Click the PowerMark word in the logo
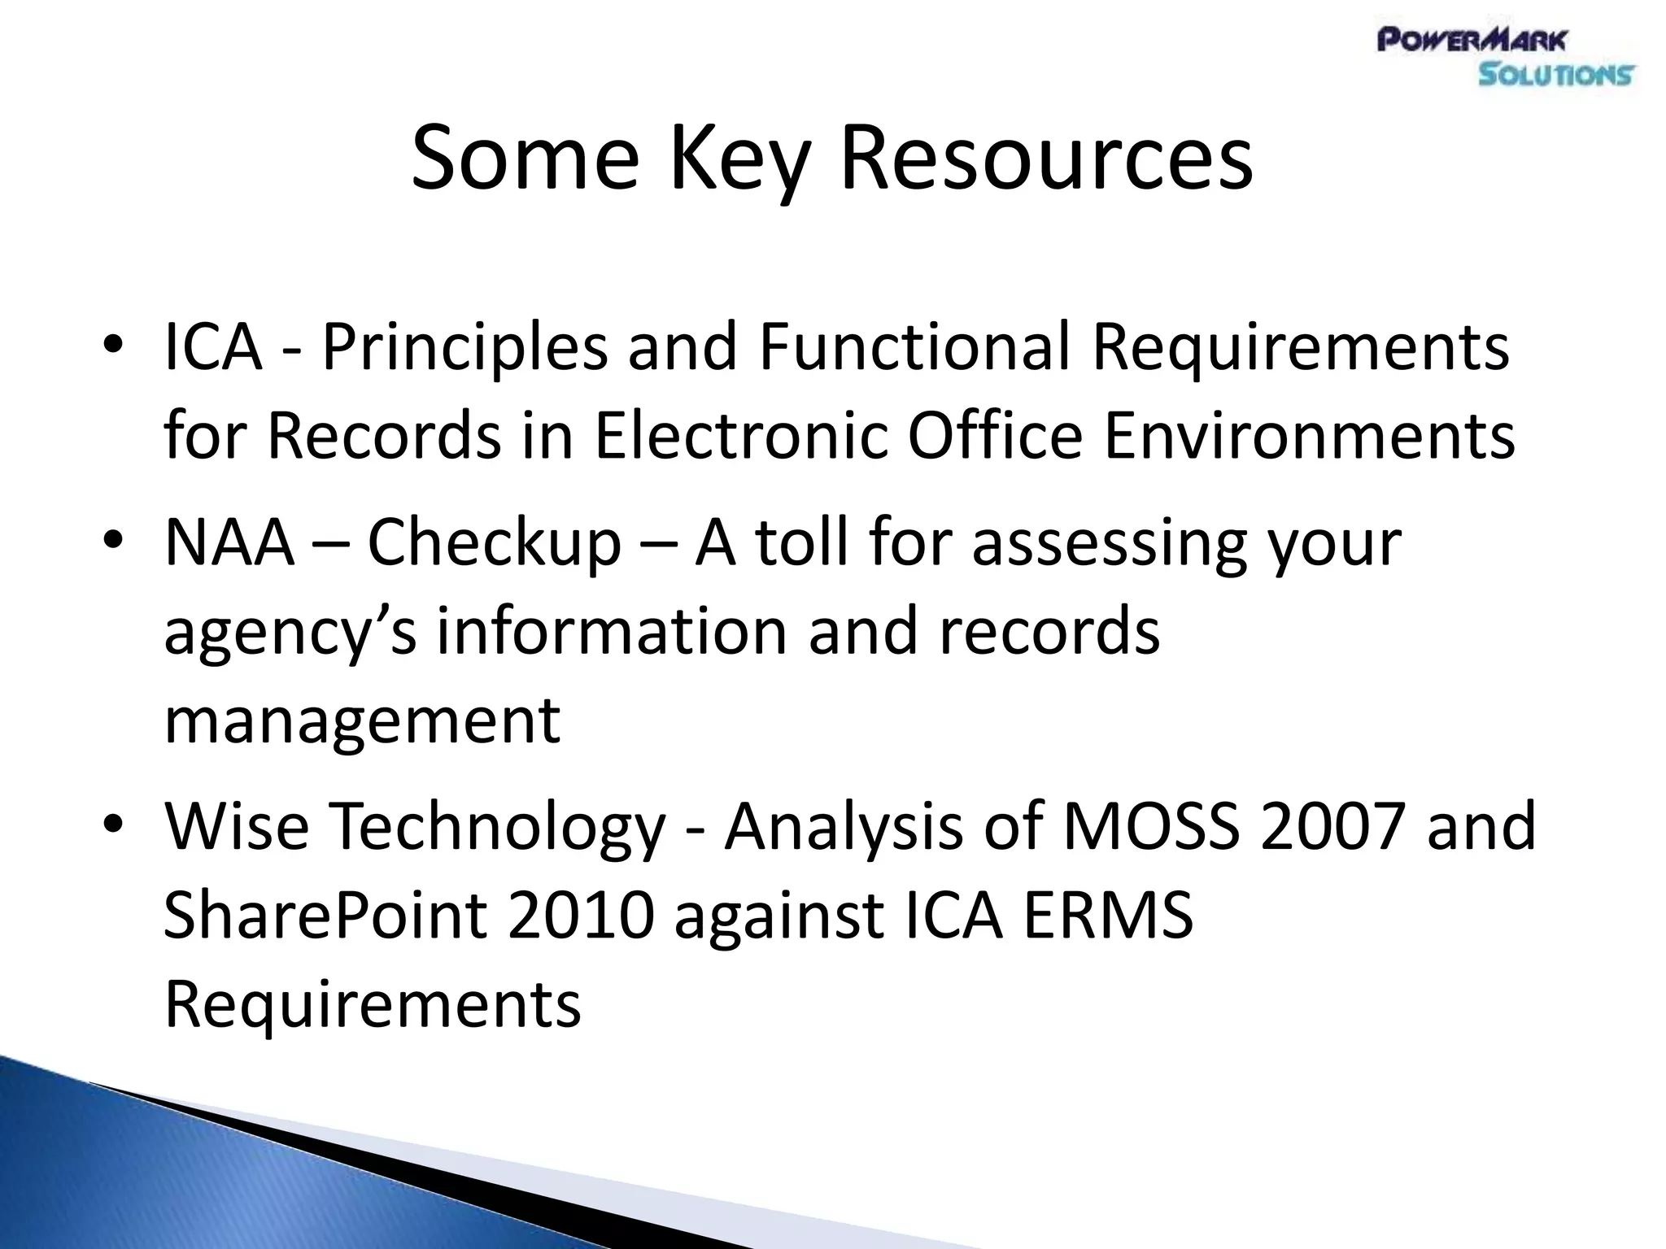point(1472,40)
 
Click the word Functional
point(914,347)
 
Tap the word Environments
point(1309,437)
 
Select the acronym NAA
point(229,542)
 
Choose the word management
point(362,722)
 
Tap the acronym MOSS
point(1152,826)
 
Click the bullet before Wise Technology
point(113,825)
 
